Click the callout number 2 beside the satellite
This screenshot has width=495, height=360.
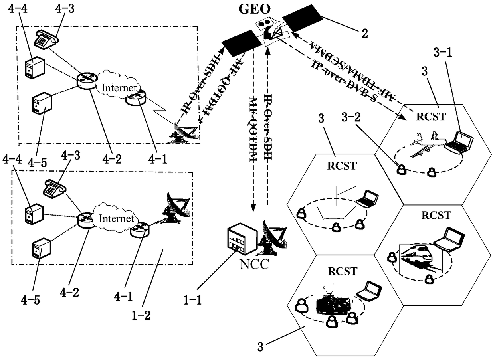point(364,33)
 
